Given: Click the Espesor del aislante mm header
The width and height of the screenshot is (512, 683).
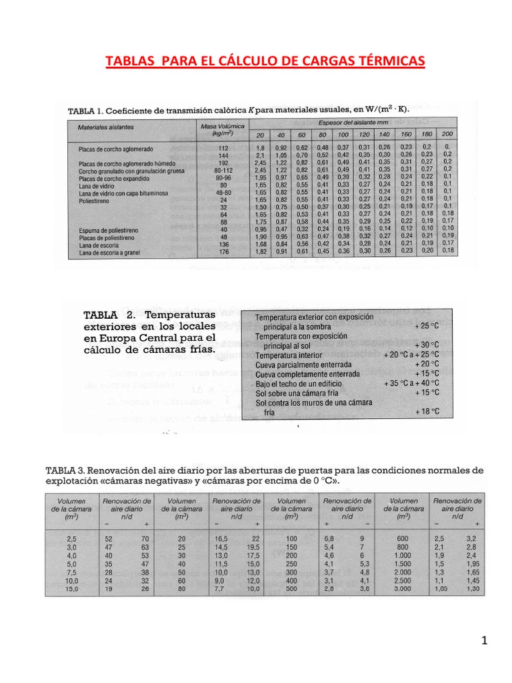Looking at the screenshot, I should pyautogui.click(x=343, y=122).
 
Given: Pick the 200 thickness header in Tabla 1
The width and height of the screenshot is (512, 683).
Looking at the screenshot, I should pyautogui.click(x=447, y=135).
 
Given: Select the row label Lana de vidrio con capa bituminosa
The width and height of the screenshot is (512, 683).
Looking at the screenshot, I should pyautogui.click(x=123, y=193).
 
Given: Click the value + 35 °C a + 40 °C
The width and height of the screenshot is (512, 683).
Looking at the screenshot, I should pyautogui.click(x=412, y=384).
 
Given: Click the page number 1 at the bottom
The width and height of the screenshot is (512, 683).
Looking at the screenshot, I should pyautogui.click(x=485, y=642).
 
